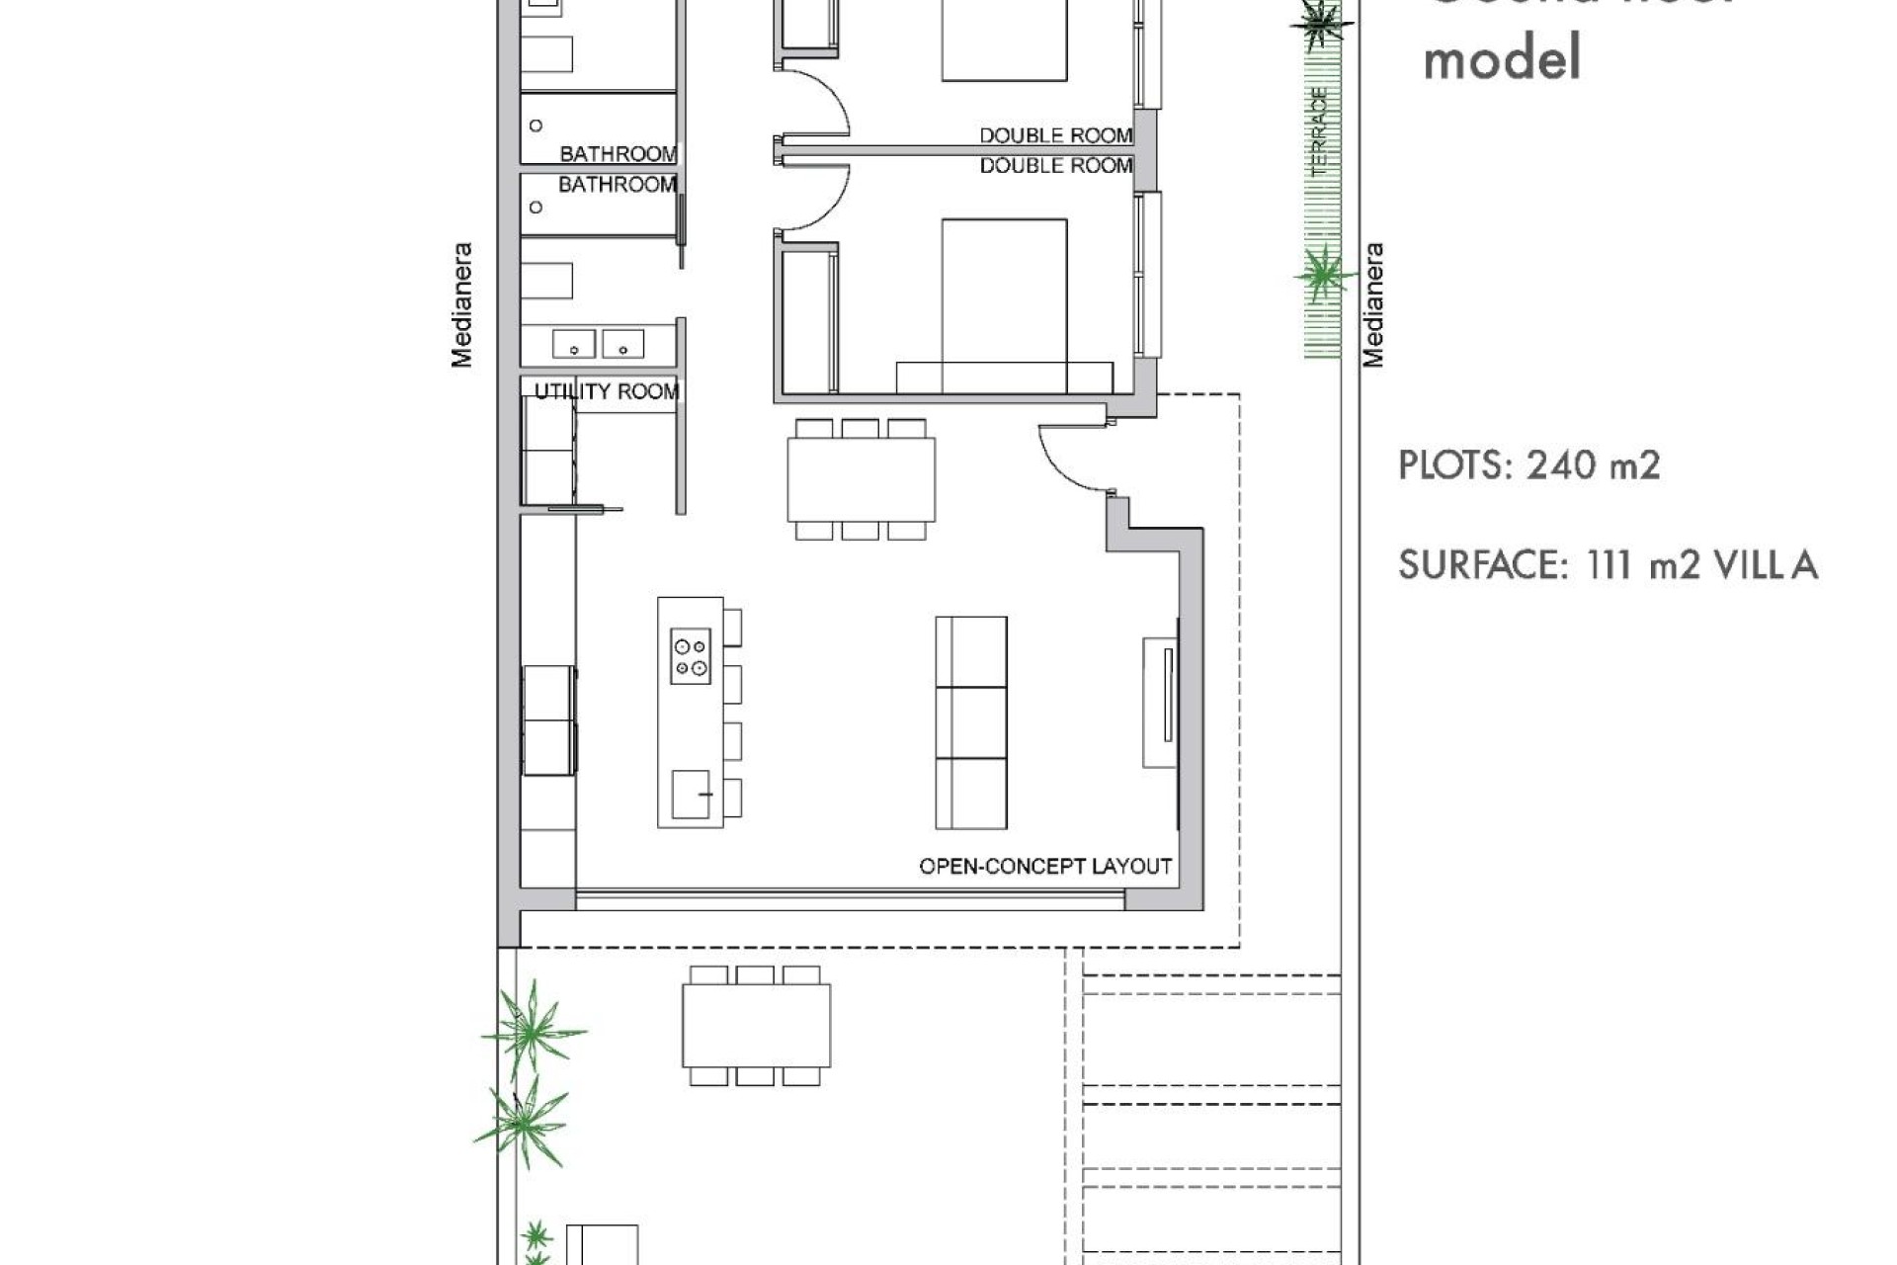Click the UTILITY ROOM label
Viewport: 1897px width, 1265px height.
[607, 391]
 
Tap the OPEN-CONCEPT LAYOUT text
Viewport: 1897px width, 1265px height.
[1045, 867]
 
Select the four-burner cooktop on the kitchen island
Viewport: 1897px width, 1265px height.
[691, 656]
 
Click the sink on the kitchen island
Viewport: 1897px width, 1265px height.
[691, 795]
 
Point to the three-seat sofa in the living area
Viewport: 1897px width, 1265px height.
[971, 722]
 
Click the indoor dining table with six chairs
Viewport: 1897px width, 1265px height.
[861, 479]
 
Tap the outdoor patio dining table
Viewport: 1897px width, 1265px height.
[756, 1026]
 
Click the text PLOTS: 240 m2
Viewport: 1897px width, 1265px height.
[1528, 464]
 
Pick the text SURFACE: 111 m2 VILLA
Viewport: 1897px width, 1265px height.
[1608, 565]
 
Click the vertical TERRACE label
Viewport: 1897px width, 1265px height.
[1320, 131]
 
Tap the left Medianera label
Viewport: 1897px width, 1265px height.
[461, 305]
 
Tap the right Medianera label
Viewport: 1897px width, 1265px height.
[1373, 305]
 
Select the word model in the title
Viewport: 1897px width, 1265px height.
[1502, 57]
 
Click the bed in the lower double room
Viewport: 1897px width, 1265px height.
[1004, 305]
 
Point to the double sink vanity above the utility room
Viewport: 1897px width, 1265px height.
[599, 344]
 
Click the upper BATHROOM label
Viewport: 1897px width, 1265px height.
[619, 154]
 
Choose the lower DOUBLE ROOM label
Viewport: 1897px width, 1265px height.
[1055, 166]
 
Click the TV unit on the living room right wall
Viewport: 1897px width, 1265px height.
[1160, 703]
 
